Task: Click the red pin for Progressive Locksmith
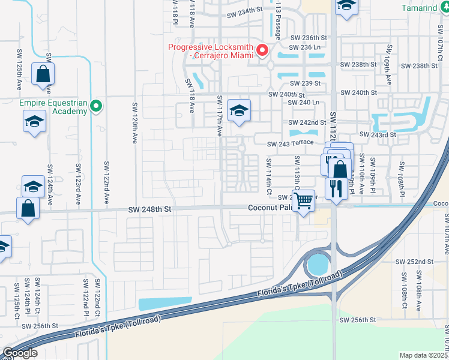pos(262,50)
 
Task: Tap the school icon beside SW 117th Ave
pos(239,111)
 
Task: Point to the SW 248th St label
pos(150,209)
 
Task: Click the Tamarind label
pos(427,8)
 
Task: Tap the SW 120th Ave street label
pos(134,123)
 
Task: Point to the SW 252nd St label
pos(414,262)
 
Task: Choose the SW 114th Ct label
pos(269,176)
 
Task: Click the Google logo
pos(20,352)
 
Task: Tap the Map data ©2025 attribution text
pos(424,355)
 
